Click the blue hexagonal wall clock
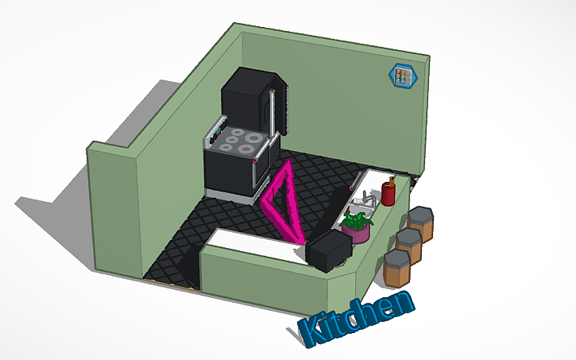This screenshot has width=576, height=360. tap(401, 76)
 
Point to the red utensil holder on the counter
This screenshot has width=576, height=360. tap(389, 192)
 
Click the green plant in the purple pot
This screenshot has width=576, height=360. tap(358, 222)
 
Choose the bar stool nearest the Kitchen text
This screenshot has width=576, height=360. tap(397, 267)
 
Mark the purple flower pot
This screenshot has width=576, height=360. tap(360, 235)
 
